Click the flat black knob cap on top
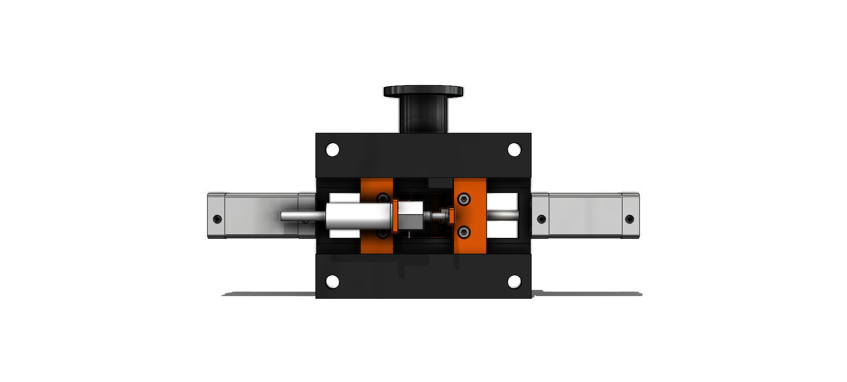[423, 91]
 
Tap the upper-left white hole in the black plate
[332, 150]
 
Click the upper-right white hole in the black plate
[514, 150]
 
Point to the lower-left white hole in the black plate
[332, 281]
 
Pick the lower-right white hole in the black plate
[514, 281]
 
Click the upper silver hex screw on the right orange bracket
[463, 200]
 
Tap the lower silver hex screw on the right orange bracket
[463, 232]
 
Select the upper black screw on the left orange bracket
[382, 198]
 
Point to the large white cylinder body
[358, 216]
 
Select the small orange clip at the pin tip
[451, 216]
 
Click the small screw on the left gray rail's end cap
[217, 219]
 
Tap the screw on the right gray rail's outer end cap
[630, 219]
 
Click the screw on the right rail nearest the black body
[542, 219]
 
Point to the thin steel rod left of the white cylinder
[300, 216]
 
